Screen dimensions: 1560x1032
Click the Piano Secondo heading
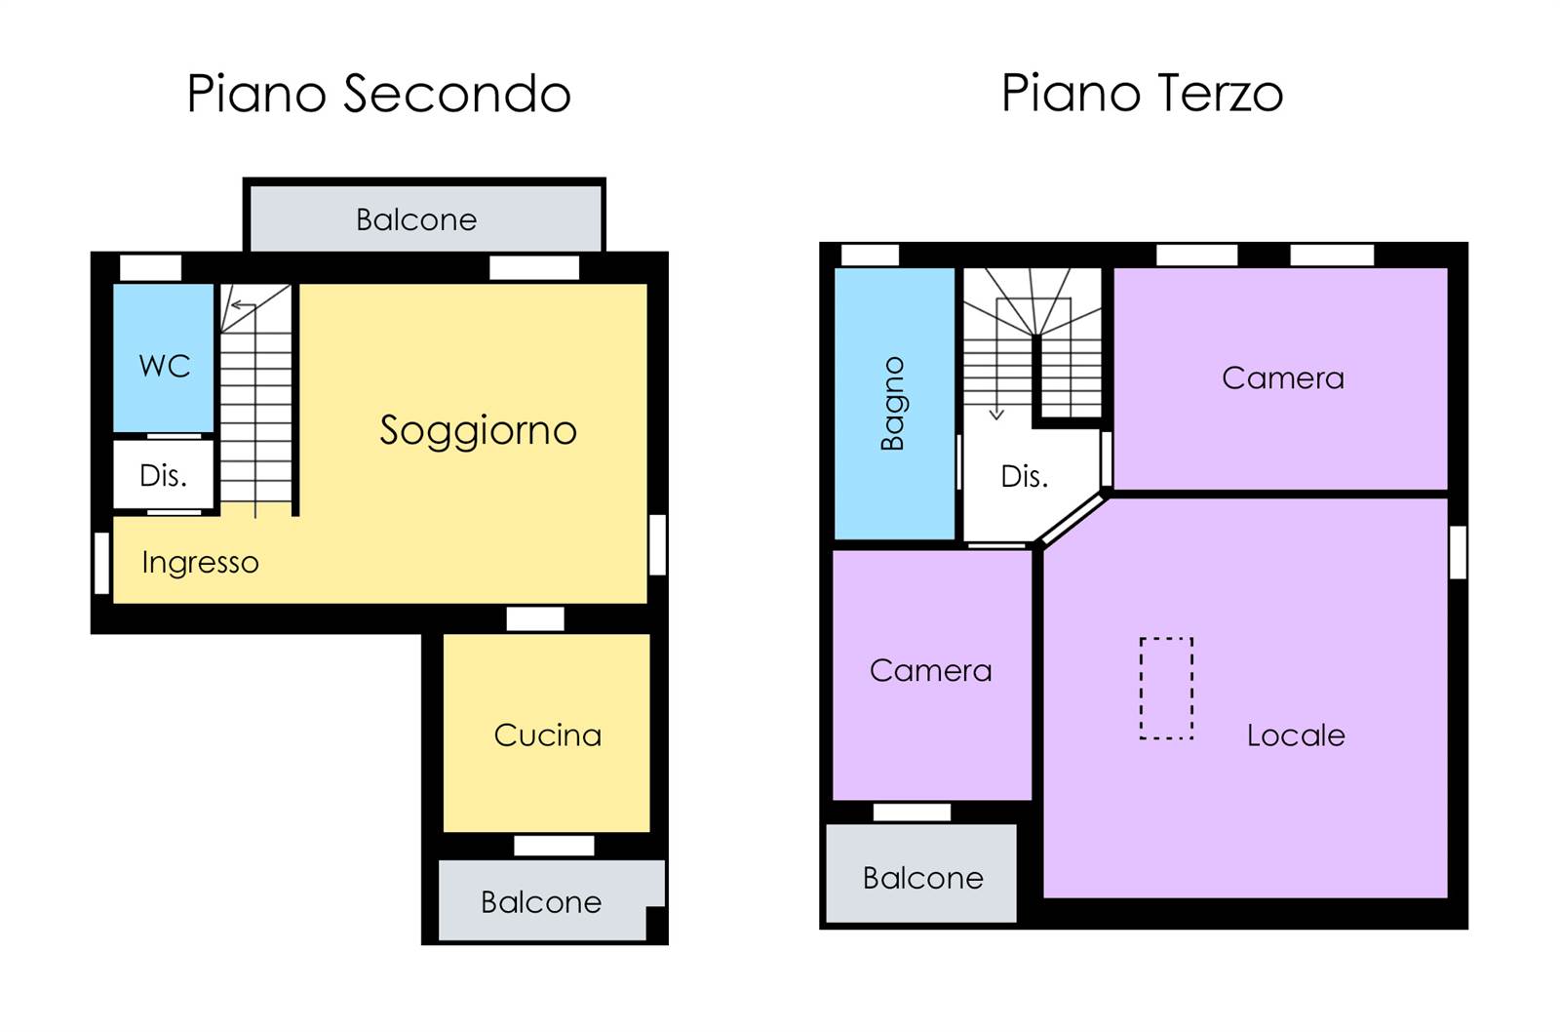coord(379,93)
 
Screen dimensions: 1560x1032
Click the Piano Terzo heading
coord(1142,93)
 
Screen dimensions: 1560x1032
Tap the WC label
coord(165,366)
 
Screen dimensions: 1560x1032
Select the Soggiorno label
coord(479,431)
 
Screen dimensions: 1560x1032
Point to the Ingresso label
coord(201,563)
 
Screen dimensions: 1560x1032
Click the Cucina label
coord(547,735)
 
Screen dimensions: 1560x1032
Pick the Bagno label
coord(893,404)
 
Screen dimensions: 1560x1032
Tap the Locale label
coord(1296,735)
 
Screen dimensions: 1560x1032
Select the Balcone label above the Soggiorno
coord(416,219)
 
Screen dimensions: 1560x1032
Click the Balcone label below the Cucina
coord(541,902)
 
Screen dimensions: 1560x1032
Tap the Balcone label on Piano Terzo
coord(922,878)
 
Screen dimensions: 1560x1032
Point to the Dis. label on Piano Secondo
coord(164,476)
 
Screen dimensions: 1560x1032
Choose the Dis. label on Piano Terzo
coord(1025,477)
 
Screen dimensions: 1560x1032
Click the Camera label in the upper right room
coord(1283,378)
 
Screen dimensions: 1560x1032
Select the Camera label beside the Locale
coord(930,671)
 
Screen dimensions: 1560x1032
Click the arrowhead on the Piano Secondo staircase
coord(236,304)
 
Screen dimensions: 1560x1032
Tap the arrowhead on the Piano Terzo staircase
coord(996,415)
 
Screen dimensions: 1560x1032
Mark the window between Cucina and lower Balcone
coord(554,846)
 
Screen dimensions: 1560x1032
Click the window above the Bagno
coord(870,255)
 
